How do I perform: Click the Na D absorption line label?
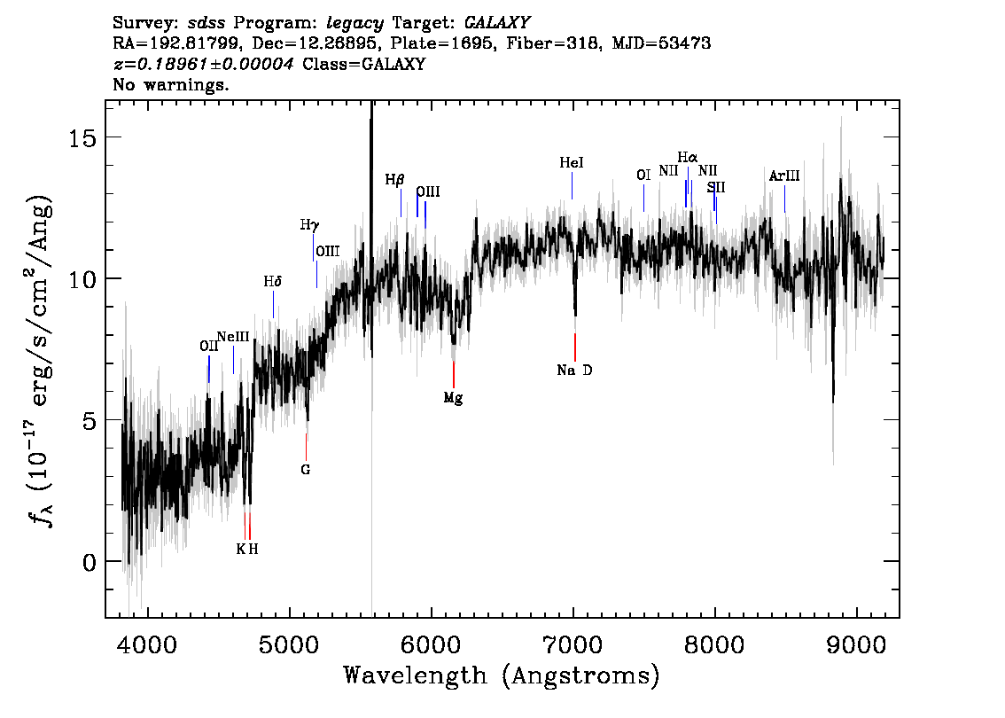tap(574, 370)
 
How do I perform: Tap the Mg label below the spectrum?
tap(453, 398)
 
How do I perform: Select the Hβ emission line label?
tap(395, 180)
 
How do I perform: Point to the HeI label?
tap(571, 163)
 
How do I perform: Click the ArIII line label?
tap(784, 176)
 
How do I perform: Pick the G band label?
tap(306, 470)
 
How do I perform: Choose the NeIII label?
tap(233, 337)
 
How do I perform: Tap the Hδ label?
tap(273, 281)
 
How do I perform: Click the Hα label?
tap(688, 157)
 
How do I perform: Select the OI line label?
tap(643, 175)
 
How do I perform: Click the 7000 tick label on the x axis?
tap(573, 645)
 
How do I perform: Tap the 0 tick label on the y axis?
tap(90, 562)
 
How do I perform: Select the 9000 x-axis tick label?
tap(856, 645)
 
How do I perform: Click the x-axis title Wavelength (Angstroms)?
tap(502, 675)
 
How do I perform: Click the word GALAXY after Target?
tap(496, 23)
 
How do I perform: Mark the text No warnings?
tap(170, 84)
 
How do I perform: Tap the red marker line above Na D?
tap(575, 347)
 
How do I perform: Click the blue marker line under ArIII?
tap(784, 199)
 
